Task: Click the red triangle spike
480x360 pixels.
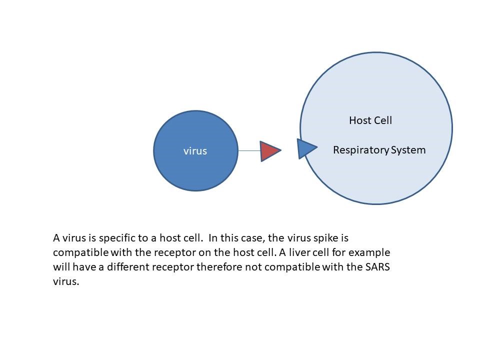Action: [268, 150]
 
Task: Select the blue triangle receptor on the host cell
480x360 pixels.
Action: [305, 148]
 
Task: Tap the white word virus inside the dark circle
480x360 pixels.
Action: [195, 151]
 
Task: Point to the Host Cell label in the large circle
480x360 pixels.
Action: [370, 120]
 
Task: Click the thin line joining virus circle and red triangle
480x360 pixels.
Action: [249, 150]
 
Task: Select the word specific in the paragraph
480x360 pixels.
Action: [111, 237]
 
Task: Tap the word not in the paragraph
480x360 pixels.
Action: [253, 266]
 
